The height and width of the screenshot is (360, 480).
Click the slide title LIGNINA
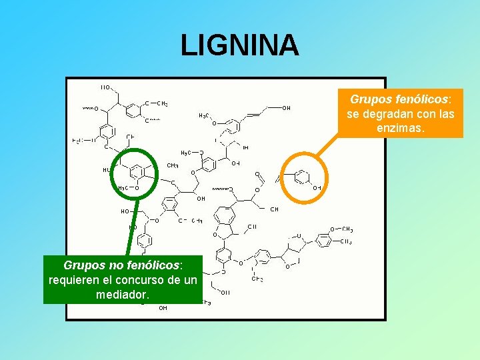pos(240,45)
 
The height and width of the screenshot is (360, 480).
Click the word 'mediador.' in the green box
pos(123,293)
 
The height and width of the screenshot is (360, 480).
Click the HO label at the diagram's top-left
pos(105,87)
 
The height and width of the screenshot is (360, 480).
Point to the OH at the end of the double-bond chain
pos(286,108)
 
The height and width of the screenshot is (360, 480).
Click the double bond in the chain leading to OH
pos(253,115)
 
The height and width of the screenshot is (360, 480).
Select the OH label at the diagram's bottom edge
pos(163,308)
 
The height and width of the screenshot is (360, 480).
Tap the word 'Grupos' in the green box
pos(83,266)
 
